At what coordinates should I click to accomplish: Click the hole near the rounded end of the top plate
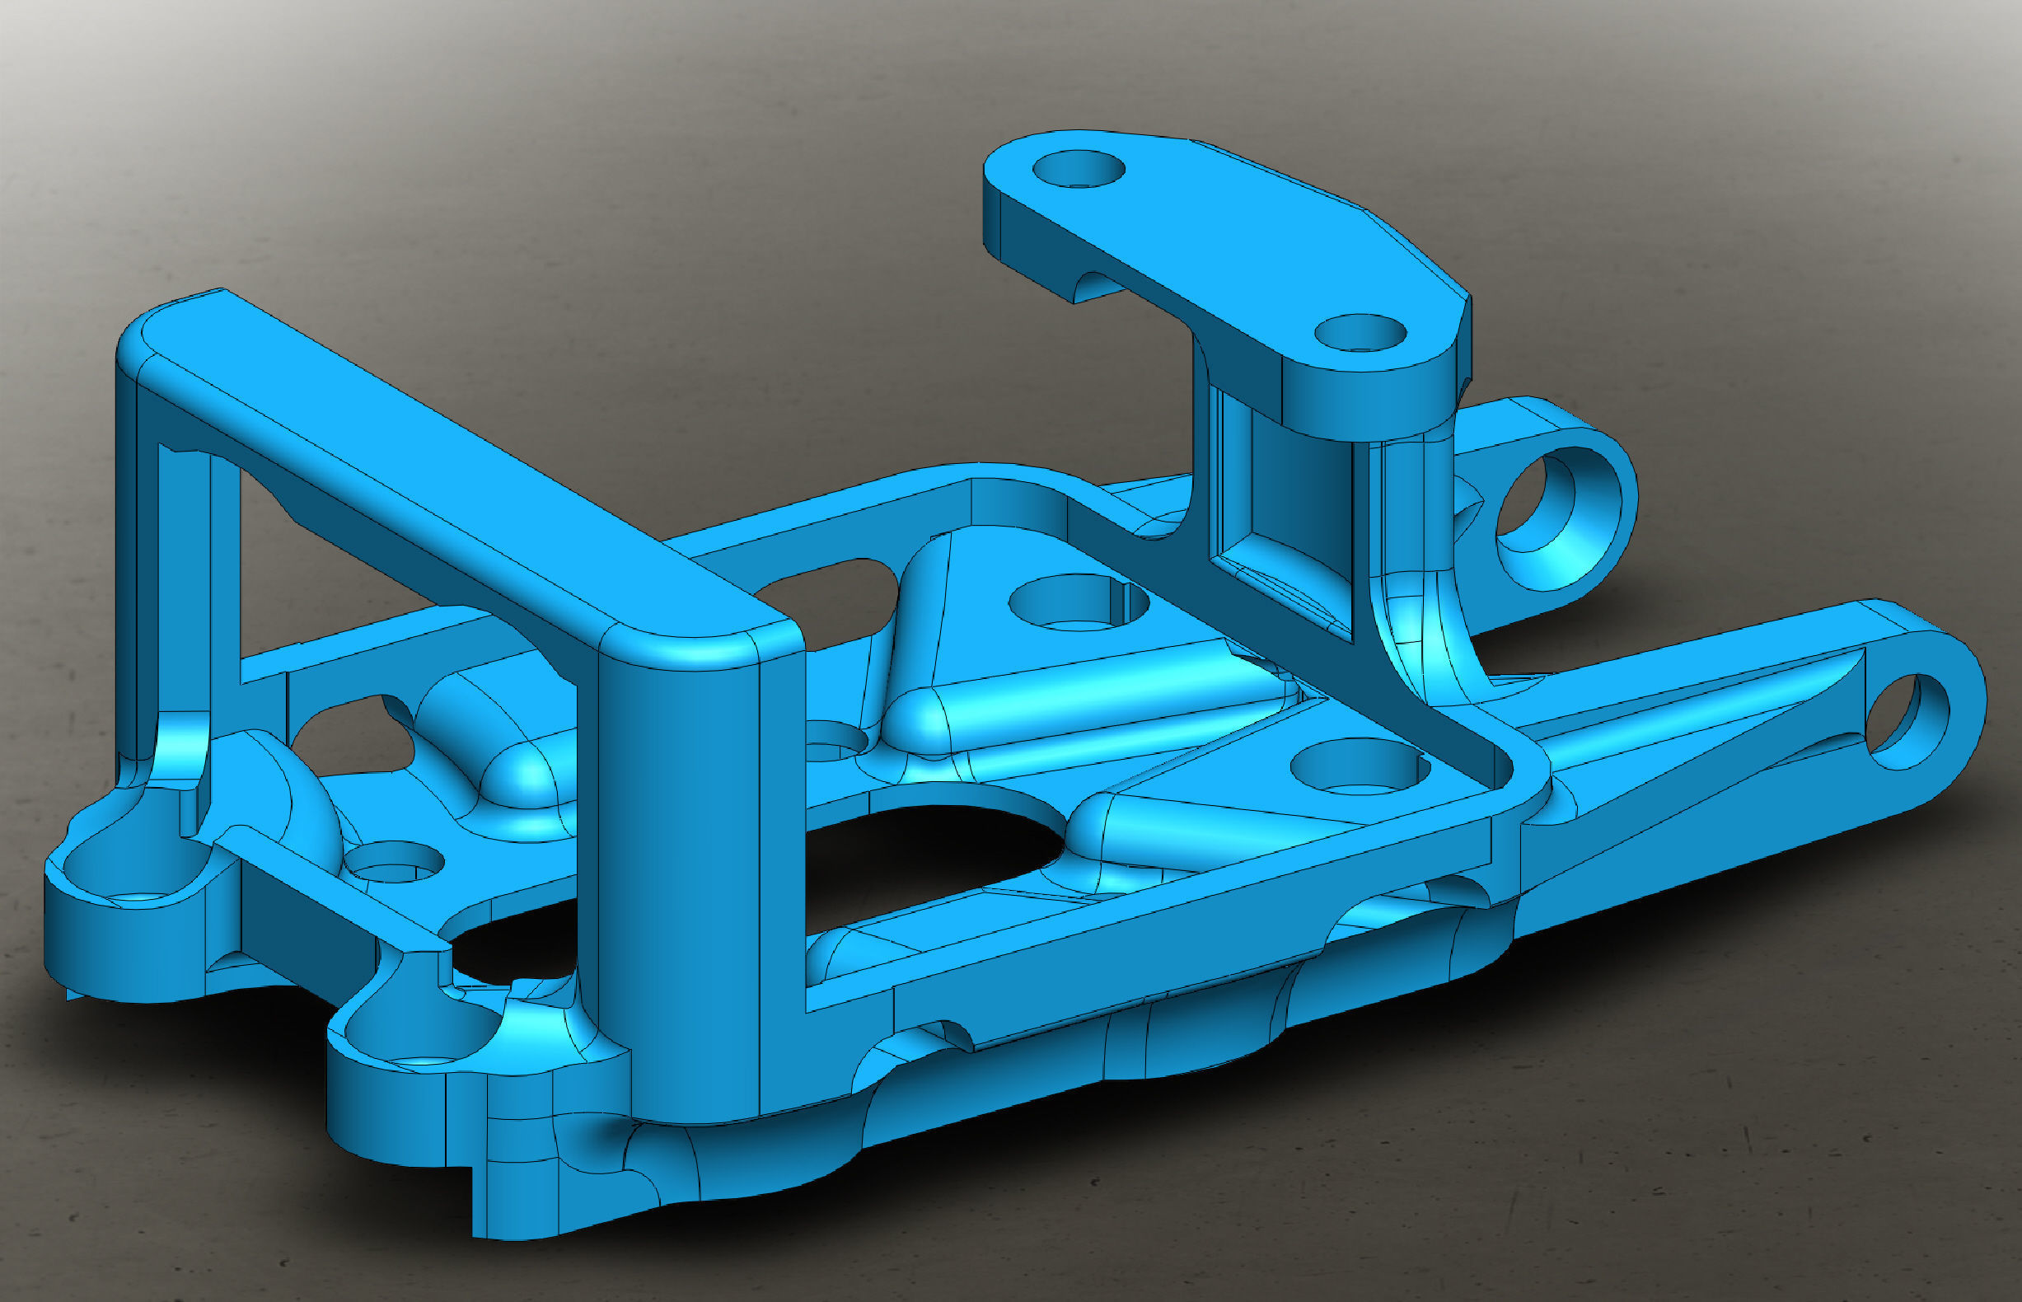pos(1079,169)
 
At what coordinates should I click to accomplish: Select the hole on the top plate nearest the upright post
pos(1361,333)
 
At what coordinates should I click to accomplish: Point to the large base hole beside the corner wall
pos(1360,767)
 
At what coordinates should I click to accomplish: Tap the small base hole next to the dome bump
pos(395,862)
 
